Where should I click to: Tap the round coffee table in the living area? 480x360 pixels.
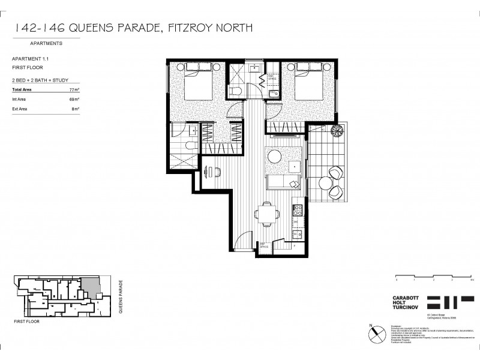[275, 156]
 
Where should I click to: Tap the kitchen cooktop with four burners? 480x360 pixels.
[296, 211]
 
